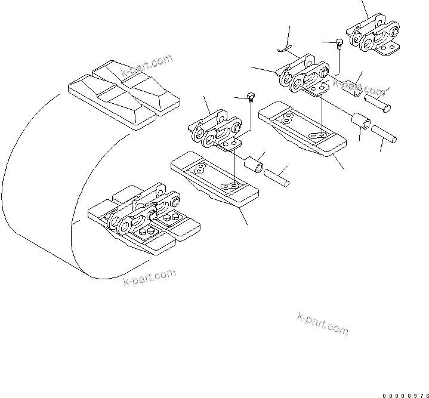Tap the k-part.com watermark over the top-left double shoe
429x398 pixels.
click(147, 66)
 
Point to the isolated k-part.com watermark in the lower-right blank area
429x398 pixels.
click(322, 322)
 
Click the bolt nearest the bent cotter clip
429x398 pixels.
click(338, 42)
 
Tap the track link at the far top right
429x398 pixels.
click(376, 37)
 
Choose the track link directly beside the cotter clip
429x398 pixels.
click(303, 75)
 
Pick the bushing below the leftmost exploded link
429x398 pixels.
click(253, 162)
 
